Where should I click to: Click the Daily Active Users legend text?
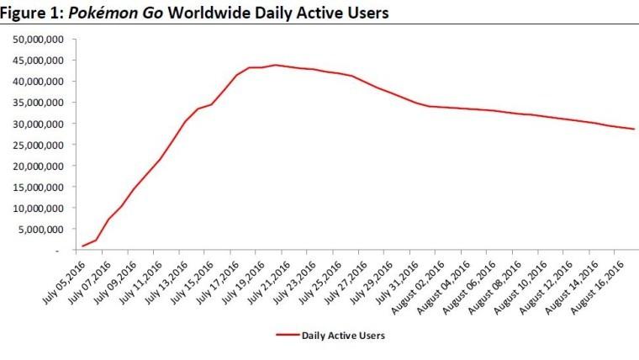(x=345, y=335)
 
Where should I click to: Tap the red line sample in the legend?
(x=289, y=335)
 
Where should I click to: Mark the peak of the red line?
(x=275, y=65)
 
